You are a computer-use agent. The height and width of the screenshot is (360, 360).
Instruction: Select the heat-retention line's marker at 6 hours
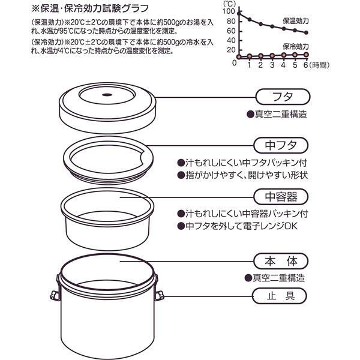click(x=307, y=33)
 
